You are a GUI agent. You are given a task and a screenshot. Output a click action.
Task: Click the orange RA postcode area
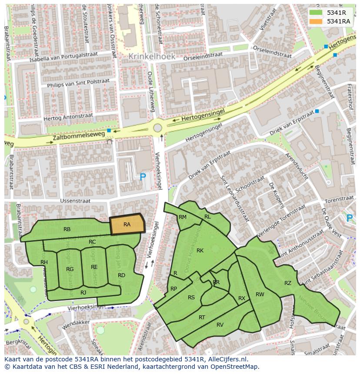point(127,225)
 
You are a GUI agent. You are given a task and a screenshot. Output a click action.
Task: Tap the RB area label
point(67,229)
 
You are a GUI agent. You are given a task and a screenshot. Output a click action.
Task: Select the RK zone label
point(200,250)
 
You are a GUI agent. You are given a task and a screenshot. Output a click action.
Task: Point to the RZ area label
point(288,283)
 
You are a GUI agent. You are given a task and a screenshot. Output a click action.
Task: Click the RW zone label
point(260,295)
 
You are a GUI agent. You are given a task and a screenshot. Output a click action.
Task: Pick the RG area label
point(70,269)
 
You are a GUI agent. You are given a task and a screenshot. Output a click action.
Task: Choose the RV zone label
point(220,324)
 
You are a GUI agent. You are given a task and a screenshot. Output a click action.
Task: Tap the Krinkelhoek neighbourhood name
point(152,56)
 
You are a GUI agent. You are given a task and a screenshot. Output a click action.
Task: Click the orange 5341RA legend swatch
point(316,21)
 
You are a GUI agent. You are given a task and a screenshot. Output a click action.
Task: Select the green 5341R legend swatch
point(316,13)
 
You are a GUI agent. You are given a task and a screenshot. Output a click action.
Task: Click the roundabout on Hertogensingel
point(157,128)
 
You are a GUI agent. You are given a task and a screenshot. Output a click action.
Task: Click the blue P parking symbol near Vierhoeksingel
point(143,177)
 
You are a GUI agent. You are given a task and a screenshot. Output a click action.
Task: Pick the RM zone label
point(183,217)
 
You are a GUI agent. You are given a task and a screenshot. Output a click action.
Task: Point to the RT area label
point(202,318)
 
